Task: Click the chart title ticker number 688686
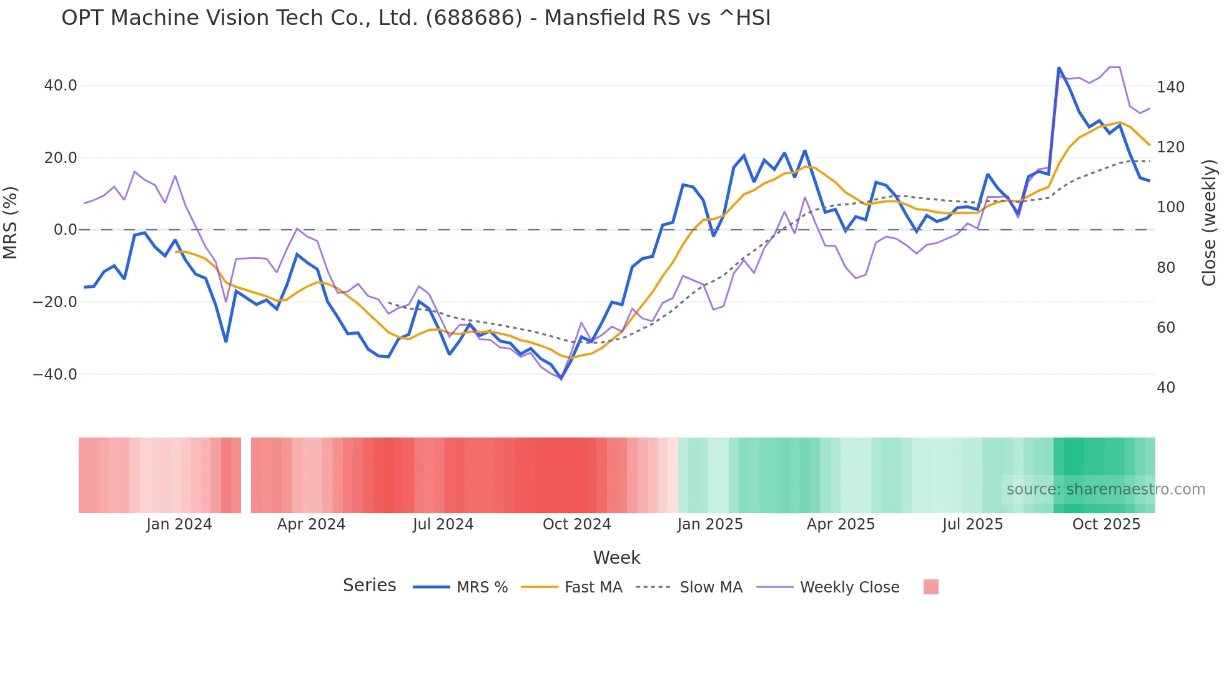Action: pyautogui.click(x=473, y=18)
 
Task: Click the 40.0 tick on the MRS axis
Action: pyautogui.click(x=61, y=86)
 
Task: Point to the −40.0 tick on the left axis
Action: pyautogui.click(x=55, y=375)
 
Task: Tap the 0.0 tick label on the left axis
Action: pyautogui.click(x=65, y=230)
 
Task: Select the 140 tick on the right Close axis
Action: pyautogui.click(x=1170, y=87)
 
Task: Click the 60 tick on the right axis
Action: pyautogui.click(x=1166, y=328)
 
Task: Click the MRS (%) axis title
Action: pyautogui.click(x=11, y=223)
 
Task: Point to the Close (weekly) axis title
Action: pyautogui.click(x=1209, y=223)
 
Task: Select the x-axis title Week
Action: pyautogui.click(x=616, y=558)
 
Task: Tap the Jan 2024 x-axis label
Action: pyautogui.click(x=179, y=524)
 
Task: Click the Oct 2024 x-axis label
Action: pyautogui.click(x=576, y=524)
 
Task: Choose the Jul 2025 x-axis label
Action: pyautogui.click(x=972, y=524)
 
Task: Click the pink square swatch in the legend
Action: pyautogui.click(x=931, y=587)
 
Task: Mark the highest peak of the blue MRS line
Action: pyautogui.click(x=1059, y=67)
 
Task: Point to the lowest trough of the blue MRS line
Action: pyautogui.click(x=561, y=378)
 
